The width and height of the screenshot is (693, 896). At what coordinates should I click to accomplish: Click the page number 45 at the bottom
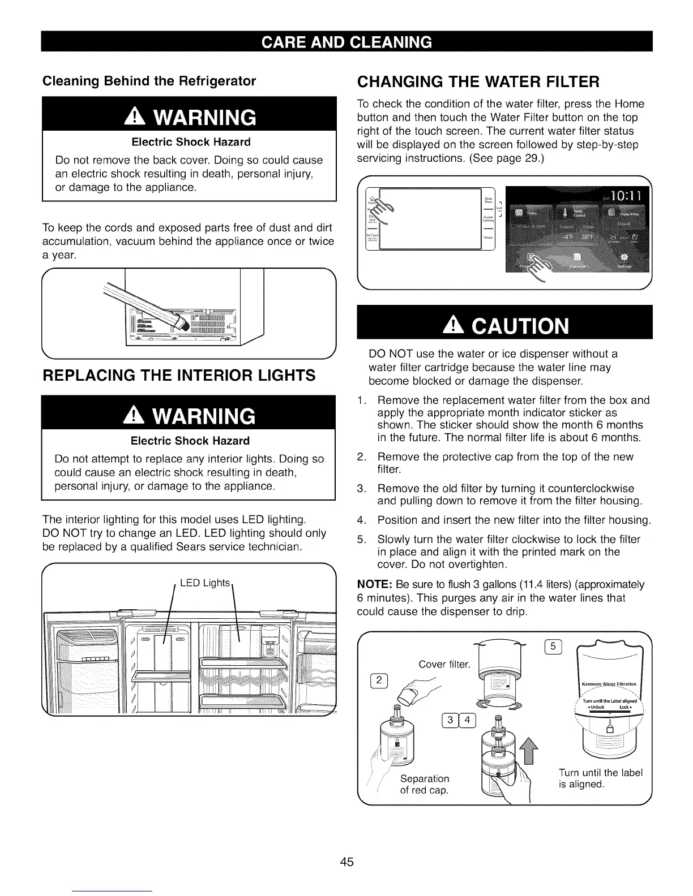point(346,861)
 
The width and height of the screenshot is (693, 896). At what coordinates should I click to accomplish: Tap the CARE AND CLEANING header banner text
point(346,42)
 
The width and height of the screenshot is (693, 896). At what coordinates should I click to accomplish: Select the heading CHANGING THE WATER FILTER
point(477,83)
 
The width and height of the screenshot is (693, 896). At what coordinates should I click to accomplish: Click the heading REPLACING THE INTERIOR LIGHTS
point(179,375)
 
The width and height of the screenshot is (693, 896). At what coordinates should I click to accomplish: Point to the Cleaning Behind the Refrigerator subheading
point(149,81)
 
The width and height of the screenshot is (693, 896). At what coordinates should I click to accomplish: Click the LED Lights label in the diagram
point(205,583)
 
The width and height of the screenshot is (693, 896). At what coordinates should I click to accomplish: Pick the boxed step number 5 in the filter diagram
point(553,647)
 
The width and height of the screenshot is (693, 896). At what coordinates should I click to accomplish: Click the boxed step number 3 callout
point(450,720)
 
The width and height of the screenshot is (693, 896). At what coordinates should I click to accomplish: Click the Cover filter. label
point(444,664)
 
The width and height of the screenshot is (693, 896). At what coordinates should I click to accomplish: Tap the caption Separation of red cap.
point(425,784)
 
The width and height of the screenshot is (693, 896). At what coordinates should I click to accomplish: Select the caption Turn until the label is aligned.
point(601,778)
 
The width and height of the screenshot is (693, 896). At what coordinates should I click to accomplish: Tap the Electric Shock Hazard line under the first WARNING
point(190,142)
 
